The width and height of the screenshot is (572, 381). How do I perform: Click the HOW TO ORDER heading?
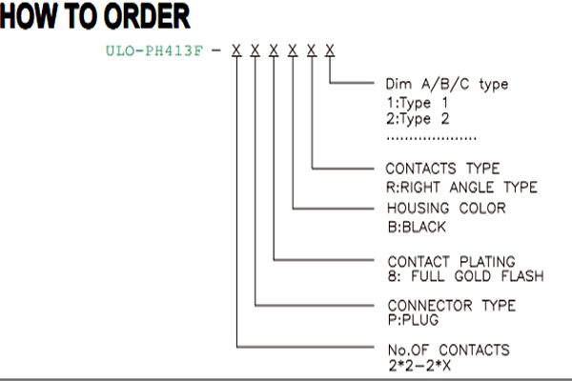94,16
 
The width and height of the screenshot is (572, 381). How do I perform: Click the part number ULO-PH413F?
153,50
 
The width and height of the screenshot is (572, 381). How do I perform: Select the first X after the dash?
236,50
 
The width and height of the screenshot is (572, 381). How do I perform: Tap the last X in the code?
330,50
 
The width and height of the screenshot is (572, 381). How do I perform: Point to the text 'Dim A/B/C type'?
447,84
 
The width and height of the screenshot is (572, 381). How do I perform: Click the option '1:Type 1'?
417,103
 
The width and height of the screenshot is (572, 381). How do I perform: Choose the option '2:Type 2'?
418,119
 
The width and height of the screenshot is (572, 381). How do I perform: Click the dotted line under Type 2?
432,138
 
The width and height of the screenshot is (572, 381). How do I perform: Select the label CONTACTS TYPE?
442,169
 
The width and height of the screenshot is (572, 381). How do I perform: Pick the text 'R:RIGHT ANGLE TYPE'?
461,188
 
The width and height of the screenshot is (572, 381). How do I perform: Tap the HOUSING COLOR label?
446,209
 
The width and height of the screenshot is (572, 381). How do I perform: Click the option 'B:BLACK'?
417,227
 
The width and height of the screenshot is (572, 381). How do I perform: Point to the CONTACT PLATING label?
452,262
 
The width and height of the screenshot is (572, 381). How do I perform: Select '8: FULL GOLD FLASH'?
466,276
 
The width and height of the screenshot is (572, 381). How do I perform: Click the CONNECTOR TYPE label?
452,306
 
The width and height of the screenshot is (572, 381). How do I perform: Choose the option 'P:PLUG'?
413,320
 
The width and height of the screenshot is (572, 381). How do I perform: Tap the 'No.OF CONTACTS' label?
449,350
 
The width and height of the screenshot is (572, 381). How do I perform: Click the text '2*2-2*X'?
419,366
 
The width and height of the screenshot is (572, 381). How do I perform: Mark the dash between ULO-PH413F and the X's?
216,50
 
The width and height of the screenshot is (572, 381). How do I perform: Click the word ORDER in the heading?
147,16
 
